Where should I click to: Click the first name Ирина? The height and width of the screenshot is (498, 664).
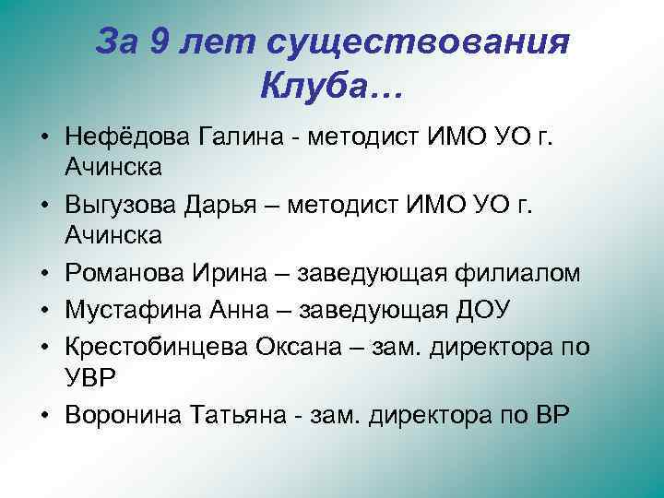(x=231, y=274)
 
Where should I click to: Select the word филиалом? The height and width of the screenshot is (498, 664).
(x=509, y=274)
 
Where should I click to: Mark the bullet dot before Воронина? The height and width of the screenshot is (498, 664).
(x=43, y=416)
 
